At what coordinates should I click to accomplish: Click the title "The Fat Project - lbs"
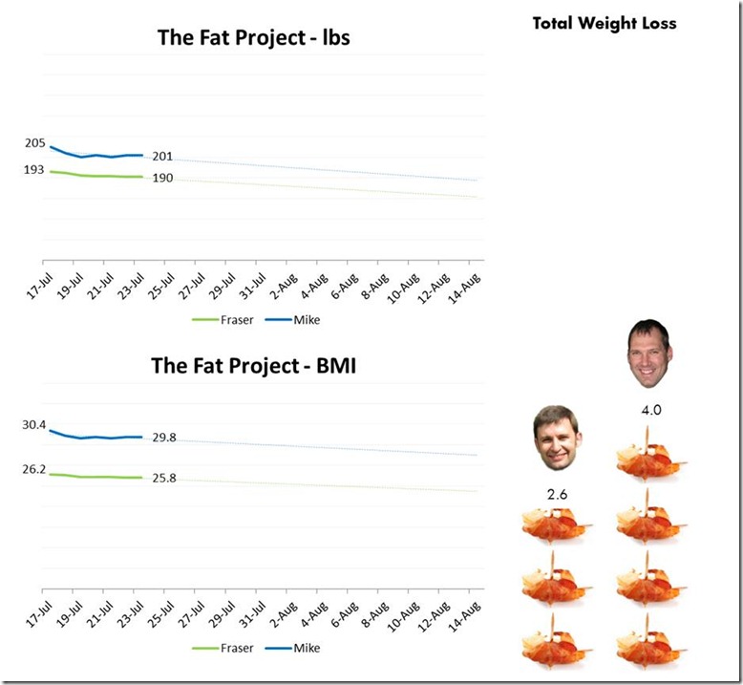tap(253, 38)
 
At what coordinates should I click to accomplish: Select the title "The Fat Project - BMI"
tap(253, 366)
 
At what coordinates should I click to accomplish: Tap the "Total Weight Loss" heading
tap(605, 23)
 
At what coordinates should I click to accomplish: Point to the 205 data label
tap(35, 143)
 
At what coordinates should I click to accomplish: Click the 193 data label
tap(35, 169)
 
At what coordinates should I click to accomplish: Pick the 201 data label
tap(162, 156)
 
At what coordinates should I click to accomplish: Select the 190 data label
tap(162, 178)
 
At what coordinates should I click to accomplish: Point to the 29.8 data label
tap(163, 438)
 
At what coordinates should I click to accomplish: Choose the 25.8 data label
tap(163, 478)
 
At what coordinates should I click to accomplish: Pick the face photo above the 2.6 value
tap(556, 439)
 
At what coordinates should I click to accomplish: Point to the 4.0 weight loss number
tap(651, 410)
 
